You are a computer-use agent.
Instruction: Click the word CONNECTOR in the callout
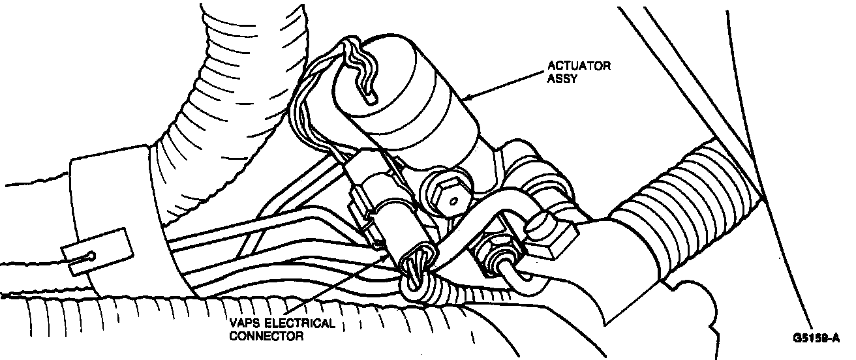tap(261, 337)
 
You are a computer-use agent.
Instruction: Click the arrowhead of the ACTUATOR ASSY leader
tap(464, 99)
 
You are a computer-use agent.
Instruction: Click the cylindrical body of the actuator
tap(418, 98)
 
